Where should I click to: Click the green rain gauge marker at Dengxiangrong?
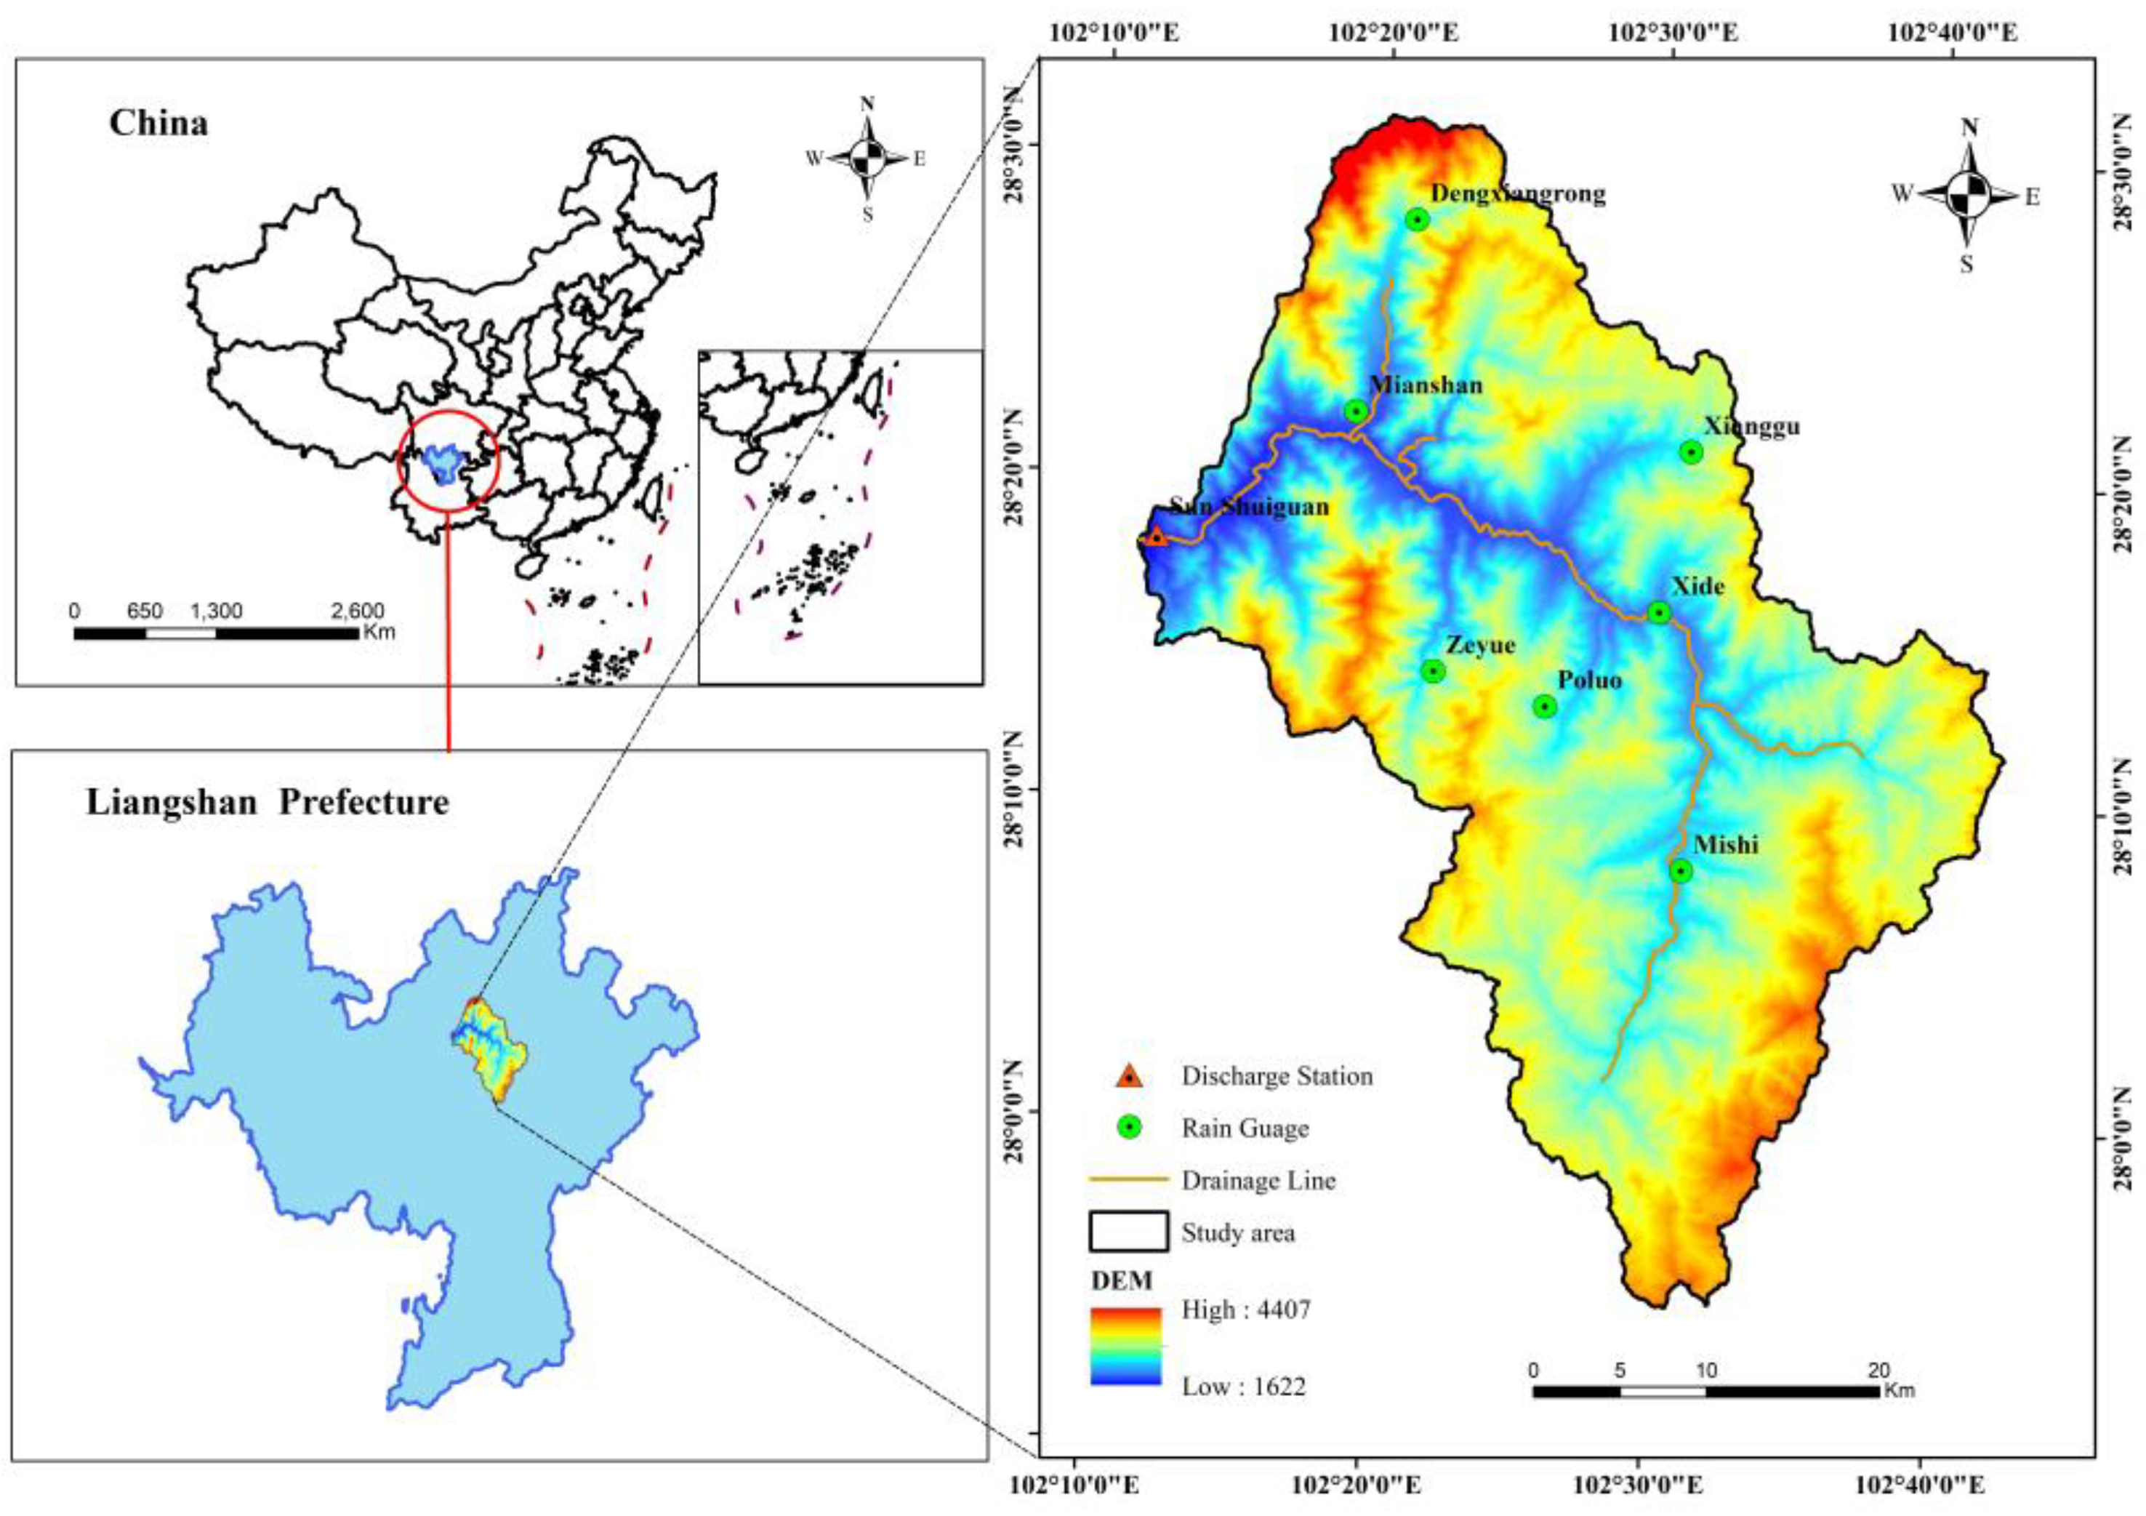click(1417, 220)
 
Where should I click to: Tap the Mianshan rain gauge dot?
click(1357, 412)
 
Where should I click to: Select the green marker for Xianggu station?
click(1690, 452)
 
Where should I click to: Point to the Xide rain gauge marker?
click(1658, 613)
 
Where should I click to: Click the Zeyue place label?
click(1481, 645)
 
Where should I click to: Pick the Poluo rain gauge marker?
click(1545, 707)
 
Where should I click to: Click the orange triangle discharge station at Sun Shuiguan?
click(1156, 537)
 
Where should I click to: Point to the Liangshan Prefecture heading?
click(268, 803)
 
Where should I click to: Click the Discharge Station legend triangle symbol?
click(1129, 1076)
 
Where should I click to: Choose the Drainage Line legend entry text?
click(1258, 1181)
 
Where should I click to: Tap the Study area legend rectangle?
click(1128, 1232)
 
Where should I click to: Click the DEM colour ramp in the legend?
click(1125, 1346)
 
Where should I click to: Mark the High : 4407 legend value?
click(1245, 1310)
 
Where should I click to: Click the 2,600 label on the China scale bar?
click(358, 611)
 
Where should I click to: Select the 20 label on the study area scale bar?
click(1878, 1370)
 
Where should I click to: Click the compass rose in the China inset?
click(867, 158)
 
